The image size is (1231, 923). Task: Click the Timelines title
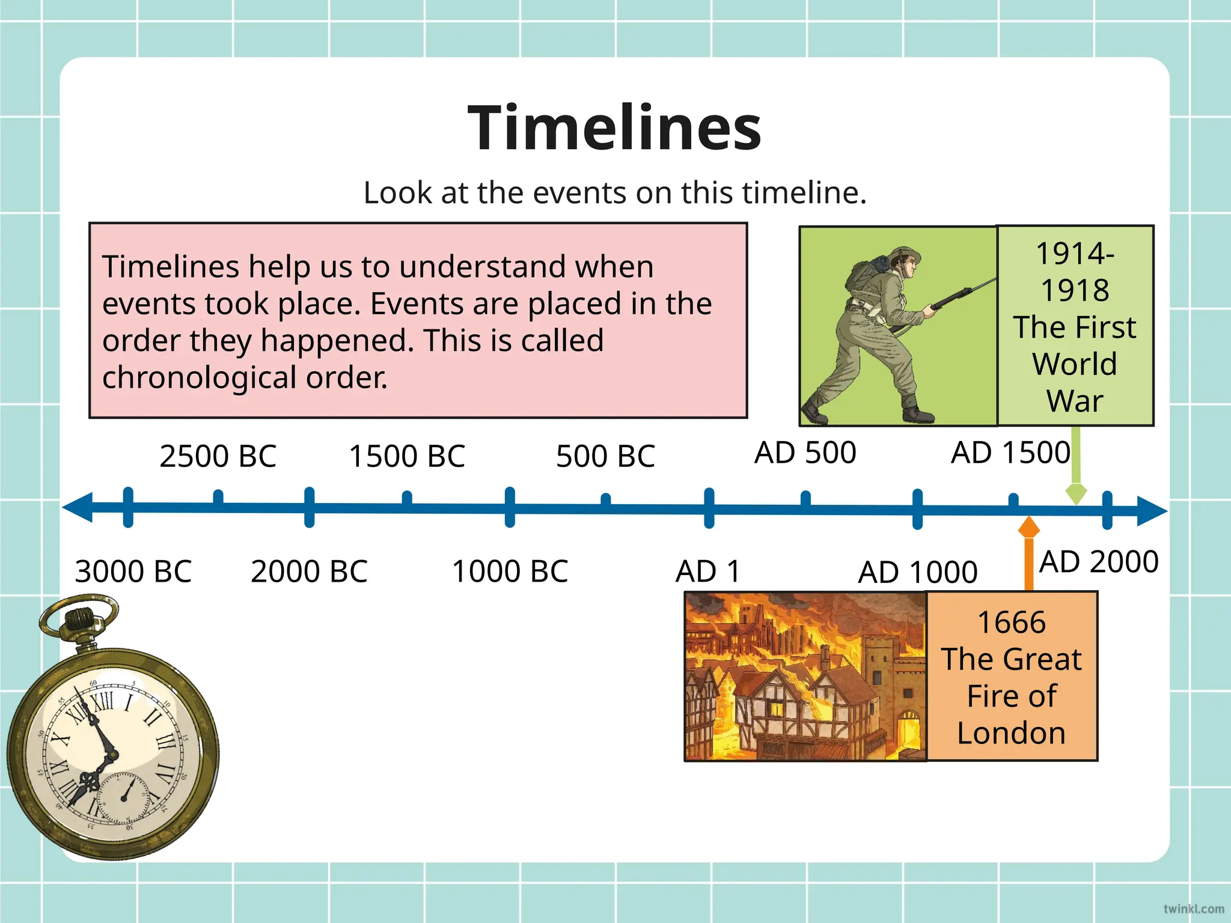(x=614, y=127)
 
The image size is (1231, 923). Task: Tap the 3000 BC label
(x=133, y=571)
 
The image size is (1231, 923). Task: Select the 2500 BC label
(x=218, y=456)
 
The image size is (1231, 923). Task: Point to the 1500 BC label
(x=407, y=456)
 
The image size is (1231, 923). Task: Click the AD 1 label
(x=707, y=571)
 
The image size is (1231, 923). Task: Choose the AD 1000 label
(x=917, y=572)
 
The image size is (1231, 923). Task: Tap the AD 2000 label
(x=1099, y=562)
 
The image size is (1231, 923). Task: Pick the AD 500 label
(x=805, y=452)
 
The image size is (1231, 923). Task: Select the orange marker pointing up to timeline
(x=1028, y=528)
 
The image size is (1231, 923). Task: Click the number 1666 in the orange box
(x=1012, y=623)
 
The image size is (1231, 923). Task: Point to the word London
(x=1012, y=733)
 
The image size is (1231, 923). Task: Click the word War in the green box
(x=1075, y=401)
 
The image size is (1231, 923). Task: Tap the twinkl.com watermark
(x=1193, y=909)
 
